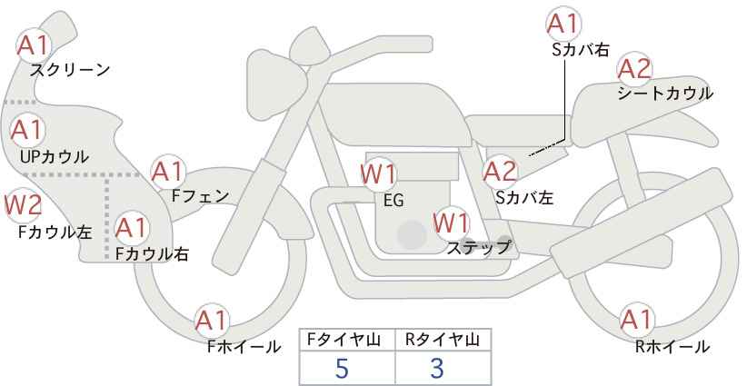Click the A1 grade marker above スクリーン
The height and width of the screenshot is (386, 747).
point(33,45)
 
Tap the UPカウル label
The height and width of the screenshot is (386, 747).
point(55,156)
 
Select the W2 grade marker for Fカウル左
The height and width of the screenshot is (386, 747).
point(23,205)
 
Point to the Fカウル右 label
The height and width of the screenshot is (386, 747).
point(152,253)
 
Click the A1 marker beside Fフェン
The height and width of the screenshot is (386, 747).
point(168,172)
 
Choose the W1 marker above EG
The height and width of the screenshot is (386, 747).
point(378,174)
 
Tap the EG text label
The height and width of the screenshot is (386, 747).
point(393,201)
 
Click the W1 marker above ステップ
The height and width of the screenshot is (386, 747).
point(452,223)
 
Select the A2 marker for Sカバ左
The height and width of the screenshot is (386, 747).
point(500,172)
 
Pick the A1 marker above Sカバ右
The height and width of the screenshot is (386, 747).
point(563,24)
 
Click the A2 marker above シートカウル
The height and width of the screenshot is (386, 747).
point(634,70)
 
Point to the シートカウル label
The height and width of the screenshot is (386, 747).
point(665,94)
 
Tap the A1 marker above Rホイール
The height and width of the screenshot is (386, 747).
point(636,320)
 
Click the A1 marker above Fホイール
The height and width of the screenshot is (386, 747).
point(212,321)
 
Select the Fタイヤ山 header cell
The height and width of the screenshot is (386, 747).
point(347,340)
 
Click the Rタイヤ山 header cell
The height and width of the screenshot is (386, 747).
point(443,340)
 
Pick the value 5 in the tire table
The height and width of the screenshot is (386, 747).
point(342,368)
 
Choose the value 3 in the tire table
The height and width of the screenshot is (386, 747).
point(437,368)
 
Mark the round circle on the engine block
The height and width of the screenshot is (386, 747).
point(412,234)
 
